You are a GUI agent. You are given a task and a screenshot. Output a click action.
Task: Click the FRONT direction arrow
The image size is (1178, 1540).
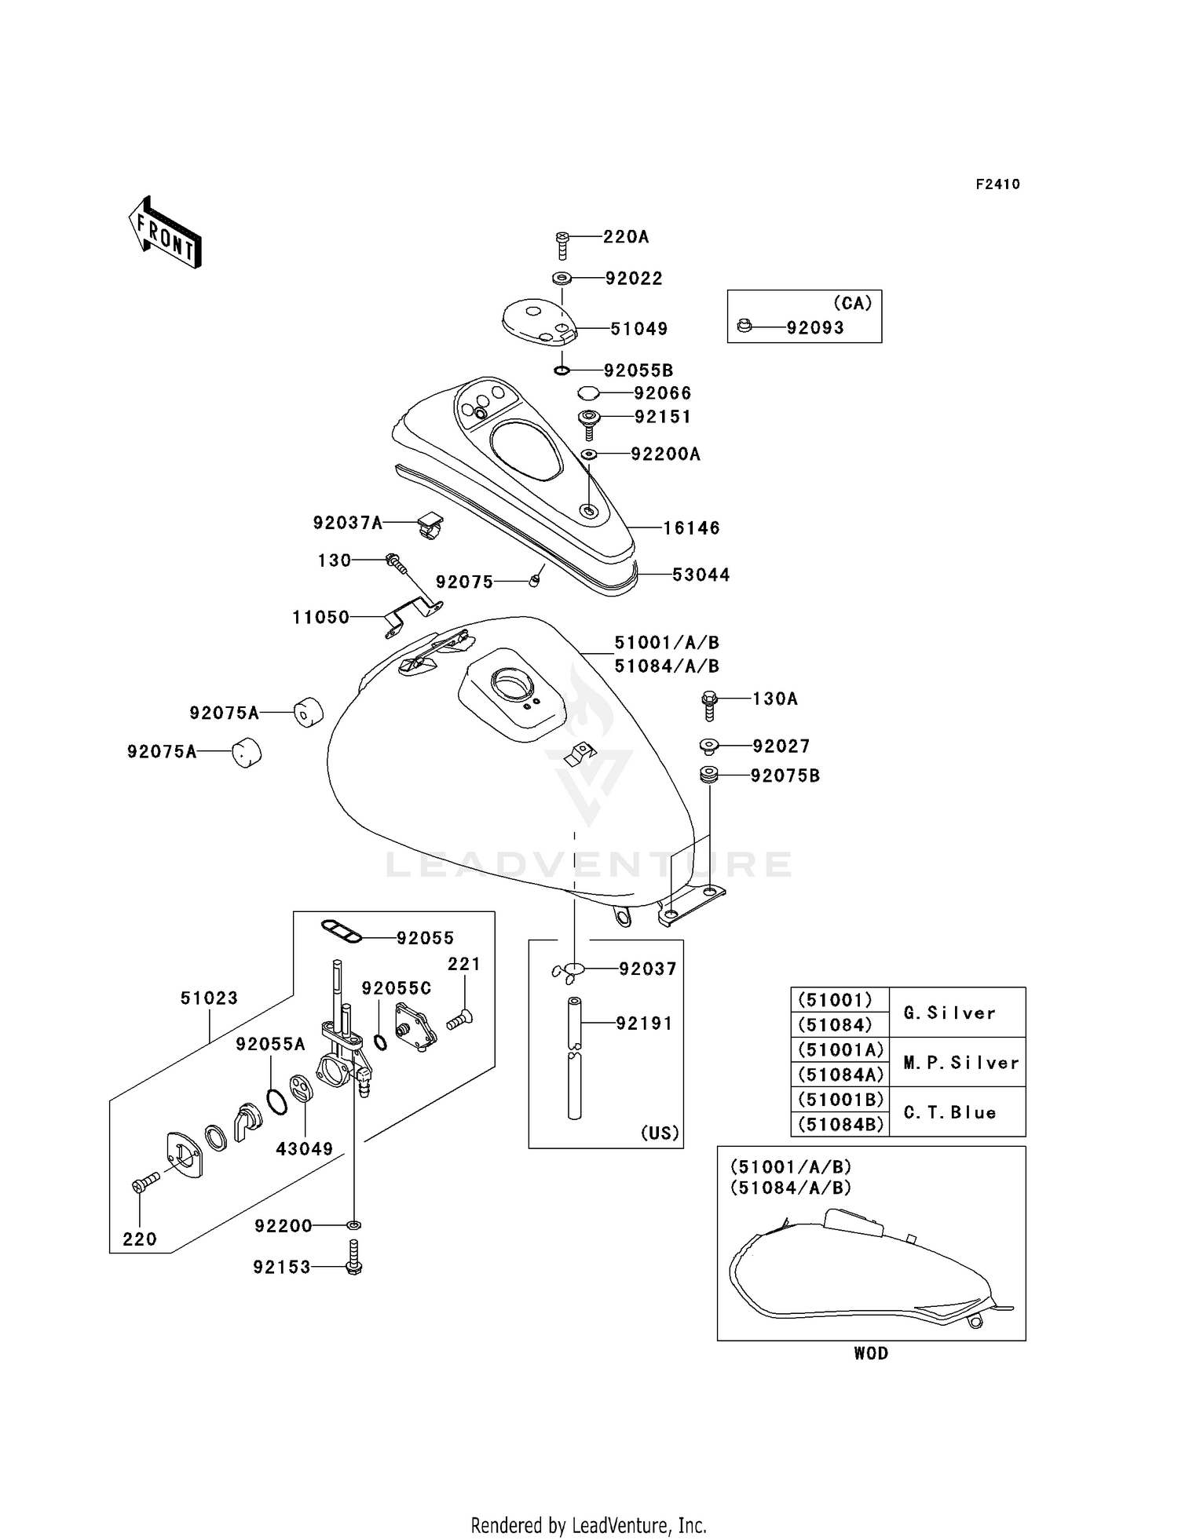[x=165, y=233]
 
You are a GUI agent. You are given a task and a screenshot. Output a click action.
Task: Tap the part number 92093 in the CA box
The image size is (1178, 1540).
[x=815, y=328]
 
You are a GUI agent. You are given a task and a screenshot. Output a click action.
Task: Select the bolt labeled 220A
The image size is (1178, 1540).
[x=562, y=246]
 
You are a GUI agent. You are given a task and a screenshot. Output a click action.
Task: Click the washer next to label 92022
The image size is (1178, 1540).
[x=562, y=278]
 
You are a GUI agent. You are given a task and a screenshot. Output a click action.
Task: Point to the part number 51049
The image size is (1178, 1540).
[x=639, y=329]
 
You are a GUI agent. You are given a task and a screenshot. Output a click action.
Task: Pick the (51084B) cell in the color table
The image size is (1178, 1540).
[x=840, y=1124]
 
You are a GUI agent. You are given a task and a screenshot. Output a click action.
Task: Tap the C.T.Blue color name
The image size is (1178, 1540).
[x=949, y=1112]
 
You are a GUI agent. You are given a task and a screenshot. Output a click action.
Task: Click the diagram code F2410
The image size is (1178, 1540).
[x=997, y=184]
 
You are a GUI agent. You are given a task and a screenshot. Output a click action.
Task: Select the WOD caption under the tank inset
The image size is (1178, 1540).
[x=871, y=1353]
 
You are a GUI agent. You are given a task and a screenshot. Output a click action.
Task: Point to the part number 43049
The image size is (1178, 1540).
[x=305, y=1149]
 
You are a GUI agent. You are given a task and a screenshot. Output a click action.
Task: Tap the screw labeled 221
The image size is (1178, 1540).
[x=459, y=1020]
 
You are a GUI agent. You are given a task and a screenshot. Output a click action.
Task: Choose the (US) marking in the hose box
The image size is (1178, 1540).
[x=660, y=1133]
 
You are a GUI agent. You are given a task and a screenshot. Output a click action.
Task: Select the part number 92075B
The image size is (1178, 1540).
[x=785, y=776]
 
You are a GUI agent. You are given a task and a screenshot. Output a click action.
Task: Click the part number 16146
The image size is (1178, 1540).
[x=691, y=528]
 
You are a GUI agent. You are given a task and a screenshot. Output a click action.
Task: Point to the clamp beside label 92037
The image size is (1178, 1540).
[x=568, y=970]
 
